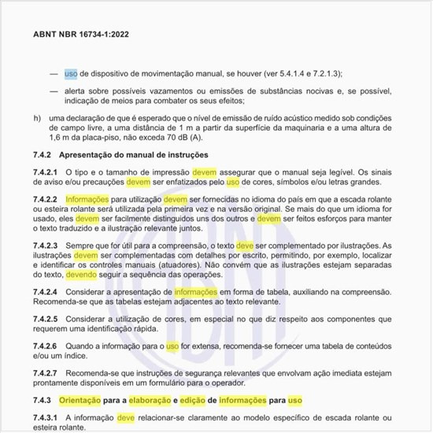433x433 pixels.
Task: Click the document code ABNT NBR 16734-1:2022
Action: coord(82,35)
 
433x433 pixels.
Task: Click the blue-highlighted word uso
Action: coord(71,73)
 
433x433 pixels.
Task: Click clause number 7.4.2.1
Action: coord(49,172)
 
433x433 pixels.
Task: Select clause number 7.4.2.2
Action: coord(49,200)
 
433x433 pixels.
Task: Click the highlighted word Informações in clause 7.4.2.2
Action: coord(89,200)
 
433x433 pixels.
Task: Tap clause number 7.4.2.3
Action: coord(49,247)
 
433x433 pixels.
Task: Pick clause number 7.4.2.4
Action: coord(49,292)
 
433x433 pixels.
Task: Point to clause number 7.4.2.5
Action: coord(49,320)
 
